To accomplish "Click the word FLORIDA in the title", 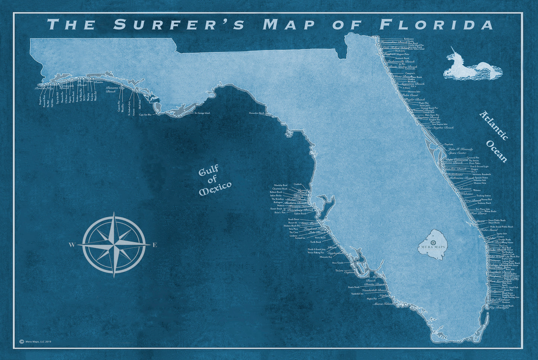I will [x=436, y=25].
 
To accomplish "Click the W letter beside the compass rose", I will [x=71, y=245].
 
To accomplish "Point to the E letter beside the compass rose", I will [x=155, y=245].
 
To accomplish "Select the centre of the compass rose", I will [x=114, y=245].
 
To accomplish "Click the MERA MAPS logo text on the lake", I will [x=432, y=247].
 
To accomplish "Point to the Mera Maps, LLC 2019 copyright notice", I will [x=35, y=341].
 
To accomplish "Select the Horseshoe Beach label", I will [x=257, y=113].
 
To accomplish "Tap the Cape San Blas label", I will [x=145, y=115].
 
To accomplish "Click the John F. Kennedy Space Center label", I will [x=457, y=151].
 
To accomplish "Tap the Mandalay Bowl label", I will [x=280, y=185].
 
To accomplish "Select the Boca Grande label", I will [x=337, y=262].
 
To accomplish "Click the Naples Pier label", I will [x=372, y=299].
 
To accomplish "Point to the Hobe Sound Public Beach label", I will [x=502, y=226].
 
